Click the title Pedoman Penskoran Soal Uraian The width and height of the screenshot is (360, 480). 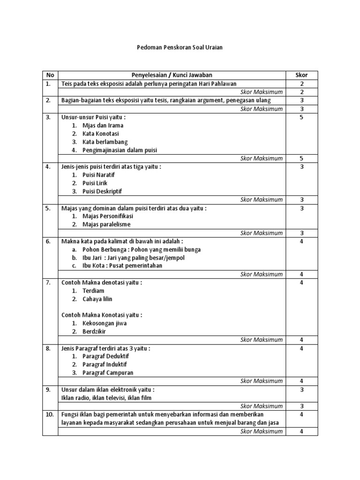[x=180, y=47]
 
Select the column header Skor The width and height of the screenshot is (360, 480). [x=301, y=75]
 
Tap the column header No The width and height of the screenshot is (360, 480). [x=50, y=75]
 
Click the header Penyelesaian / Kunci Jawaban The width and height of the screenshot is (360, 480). [x=172, y=75]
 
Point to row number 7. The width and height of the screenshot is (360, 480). [x=48, y=283]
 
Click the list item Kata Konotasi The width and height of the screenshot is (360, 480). [x=100, y=134]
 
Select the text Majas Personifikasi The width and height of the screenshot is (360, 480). [x=107, y=216]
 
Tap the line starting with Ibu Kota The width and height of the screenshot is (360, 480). [x=122, y=265]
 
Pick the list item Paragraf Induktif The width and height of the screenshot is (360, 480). [x=105, y=364]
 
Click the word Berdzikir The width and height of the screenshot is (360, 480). [x=94, y=331]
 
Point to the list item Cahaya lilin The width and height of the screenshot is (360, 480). [x=97, y=299]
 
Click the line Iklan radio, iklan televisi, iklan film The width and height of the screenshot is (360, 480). [x=106, y=397]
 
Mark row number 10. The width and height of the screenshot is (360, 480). [x=49, y=414]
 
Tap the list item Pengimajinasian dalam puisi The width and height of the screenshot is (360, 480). [x=120, y=150]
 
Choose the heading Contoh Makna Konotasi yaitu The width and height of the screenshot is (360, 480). [x=102, y=315]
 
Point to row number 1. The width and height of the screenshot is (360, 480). [x=48, y=83]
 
